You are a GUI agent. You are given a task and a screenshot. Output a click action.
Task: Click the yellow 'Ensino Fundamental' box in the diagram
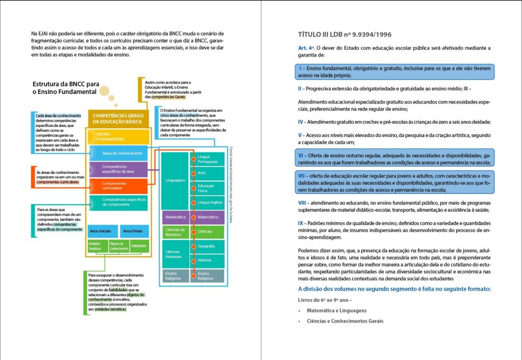click(119, 137)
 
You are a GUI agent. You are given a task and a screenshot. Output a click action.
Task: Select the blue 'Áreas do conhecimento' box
click(119, 153)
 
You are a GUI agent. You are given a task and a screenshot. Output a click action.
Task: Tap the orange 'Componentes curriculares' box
click(119, 186)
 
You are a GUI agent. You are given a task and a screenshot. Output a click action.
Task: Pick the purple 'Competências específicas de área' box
click(119, 169)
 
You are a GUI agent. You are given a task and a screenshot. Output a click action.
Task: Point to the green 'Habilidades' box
click(139, 246)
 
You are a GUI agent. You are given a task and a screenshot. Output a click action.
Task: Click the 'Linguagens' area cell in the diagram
click(175, 181)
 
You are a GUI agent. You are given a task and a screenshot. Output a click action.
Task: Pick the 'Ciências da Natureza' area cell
click(175, 232)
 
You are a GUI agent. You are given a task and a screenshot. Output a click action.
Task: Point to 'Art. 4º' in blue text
click(307, 47)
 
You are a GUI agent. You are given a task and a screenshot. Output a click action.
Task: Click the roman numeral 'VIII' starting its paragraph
click(302, 202)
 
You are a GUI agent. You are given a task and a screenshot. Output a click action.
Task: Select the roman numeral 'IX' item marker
click(301, 223)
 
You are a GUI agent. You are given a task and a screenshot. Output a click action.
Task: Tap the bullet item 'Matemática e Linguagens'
click(336, 310)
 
